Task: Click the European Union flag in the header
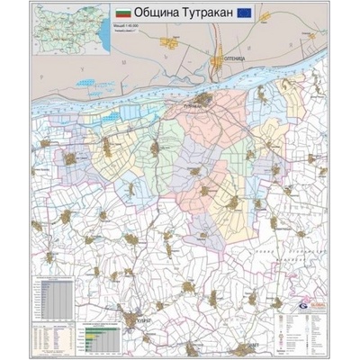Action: [254, 13]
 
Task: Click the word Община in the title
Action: [160, 13]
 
